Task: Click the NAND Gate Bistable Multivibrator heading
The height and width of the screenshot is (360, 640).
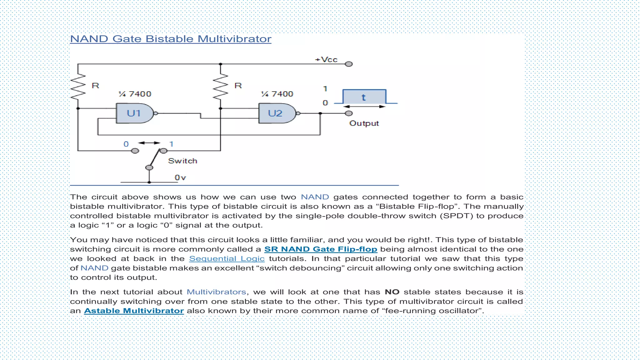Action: pos(171,39)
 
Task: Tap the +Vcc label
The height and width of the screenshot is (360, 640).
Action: pos(326,59)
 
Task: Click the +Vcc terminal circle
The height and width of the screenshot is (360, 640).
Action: pos(349,64)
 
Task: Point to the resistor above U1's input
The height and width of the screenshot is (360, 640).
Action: pos(78,87)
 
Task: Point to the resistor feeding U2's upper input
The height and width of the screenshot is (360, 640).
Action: pos(221,87)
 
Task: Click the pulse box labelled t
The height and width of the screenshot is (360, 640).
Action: pos(364,97)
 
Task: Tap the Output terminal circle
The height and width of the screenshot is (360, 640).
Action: pos(349,113)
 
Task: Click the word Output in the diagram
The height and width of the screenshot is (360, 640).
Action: pos(364,123)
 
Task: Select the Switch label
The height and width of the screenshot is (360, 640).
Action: pos(182,161)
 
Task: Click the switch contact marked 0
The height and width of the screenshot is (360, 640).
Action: pos(135,151)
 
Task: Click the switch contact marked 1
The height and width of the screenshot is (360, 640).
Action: pos(163,151)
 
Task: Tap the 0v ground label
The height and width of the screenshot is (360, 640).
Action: pos(180,177)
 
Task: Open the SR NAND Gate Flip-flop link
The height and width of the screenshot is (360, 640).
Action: pos(321,249)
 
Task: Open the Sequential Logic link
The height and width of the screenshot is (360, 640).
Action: pos(227,258)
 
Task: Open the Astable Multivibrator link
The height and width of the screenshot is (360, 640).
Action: pos(134,311)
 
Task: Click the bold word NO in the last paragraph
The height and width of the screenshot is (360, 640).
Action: pos(392,292)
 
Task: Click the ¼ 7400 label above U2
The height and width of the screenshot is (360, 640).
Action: pos(277,94)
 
